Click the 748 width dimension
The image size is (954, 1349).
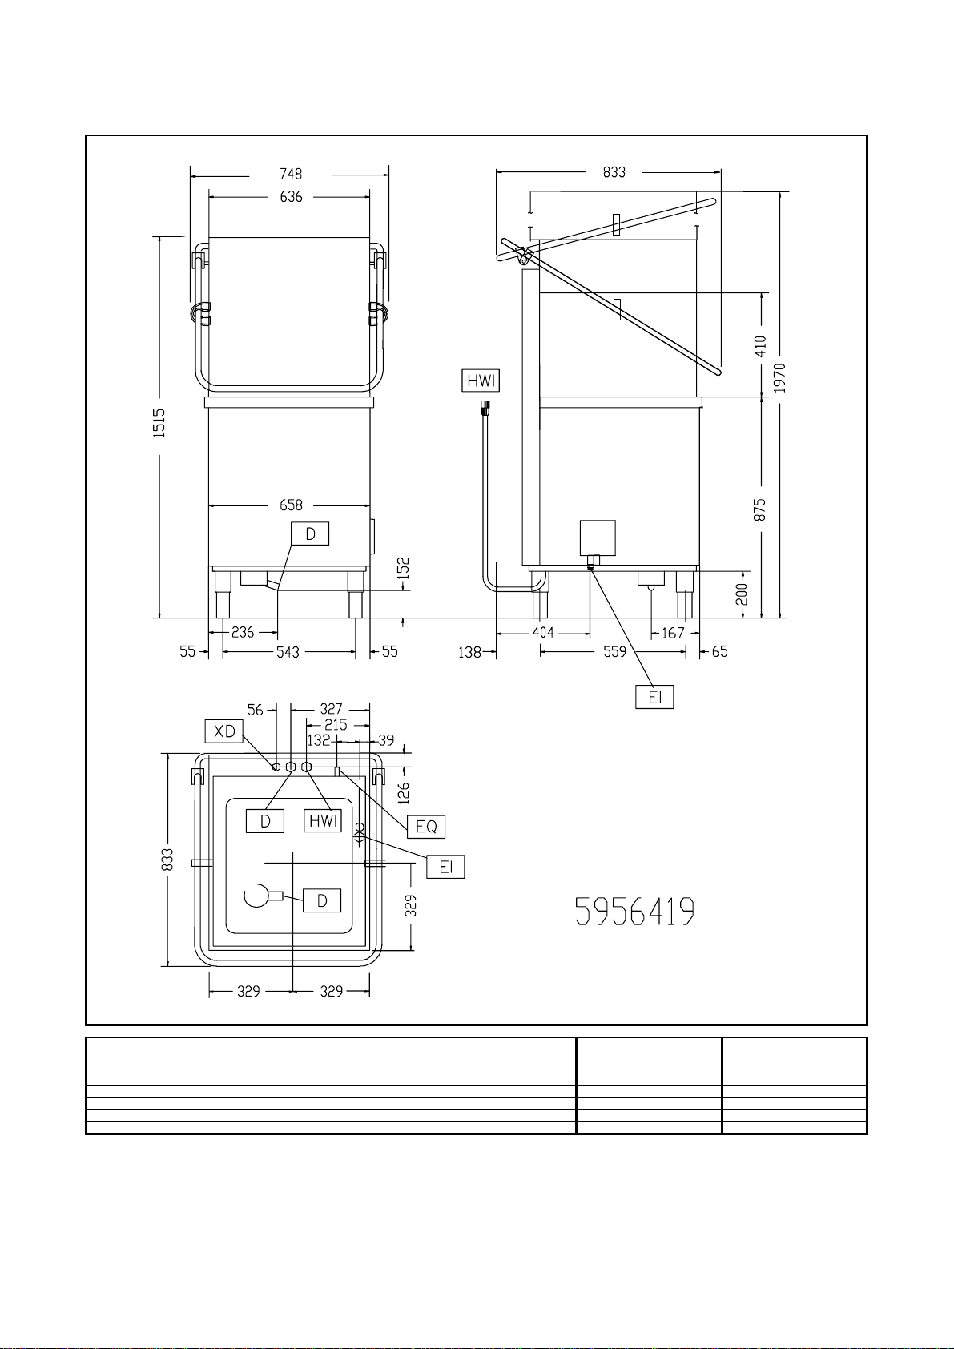(x=290, y=174)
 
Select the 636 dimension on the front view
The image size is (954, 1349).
(x=291, y=197)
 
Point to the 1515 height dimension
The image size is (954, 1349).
(x=159, y=423)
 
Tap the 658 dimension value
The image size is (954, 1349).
(x=291, y=505)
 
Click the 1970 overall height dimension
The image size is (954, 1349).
(x=780, y=377)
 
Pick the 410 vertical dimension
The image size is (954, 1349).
(x=761, y=346)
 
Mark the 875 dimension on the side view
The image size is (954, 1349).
(x=761, y=509)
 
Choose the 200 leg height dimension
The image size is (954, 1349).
(x=743, y=594)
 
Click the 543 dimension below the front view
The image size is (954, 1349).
(x=288, y=652)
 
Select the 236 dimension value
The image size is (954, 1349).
(x=243, y=632)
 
